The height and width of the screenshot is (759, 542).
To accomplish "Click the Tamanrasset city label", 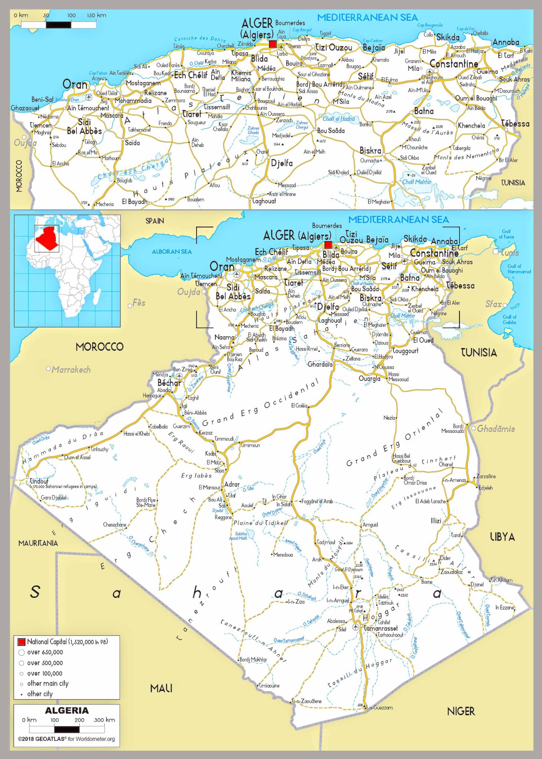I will tap(380, 628).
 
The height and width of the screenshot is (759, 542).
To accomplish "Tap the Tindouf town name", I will tap(39, 481).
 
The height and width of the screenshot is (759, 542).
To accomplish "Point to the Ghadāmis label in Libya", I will tap(496, 429).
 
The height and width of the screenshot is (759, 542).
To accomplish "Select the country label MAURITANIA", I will tap(38, 543).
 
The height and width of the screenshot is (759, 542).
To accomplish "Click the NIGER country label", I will tap(461, 711).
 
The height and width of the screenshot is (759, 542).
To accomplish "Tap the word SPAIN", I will tap(155, 221).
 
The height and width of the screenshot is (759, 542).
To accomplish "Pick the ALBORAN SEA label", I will tap(172, 252).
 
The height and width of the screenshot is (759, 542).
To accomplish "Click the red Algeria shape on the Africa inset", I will tap(47, 239).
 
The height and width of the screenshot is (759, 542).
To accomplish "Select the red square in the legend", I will tap(22, 642).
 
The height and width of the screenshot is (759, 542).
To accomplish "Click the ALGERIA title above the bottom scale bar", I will tap(67, 710).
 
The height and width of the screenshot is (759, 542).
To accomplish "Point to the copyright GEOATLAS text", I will tap(67, 739).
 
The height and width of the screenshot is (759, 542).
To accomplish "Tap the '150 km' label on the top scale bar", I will tap(96, 15).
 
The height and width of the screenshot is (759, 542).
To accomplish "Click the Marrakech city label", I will tap(71, 369).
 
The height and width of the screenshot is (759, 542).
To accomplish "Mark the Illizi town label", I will tap(436, 521).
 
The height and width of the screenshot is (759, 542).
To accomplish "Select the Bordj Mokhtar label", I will tap(253, 659).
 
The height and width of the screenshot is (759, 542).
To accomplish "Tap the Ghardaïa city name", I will tap(320, 364).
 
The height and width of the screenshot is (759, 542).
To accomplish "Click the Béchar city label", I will tap(169, 382).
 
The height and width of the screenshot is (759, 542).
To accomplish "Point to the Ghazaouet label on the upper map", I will tap(25, 108).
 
